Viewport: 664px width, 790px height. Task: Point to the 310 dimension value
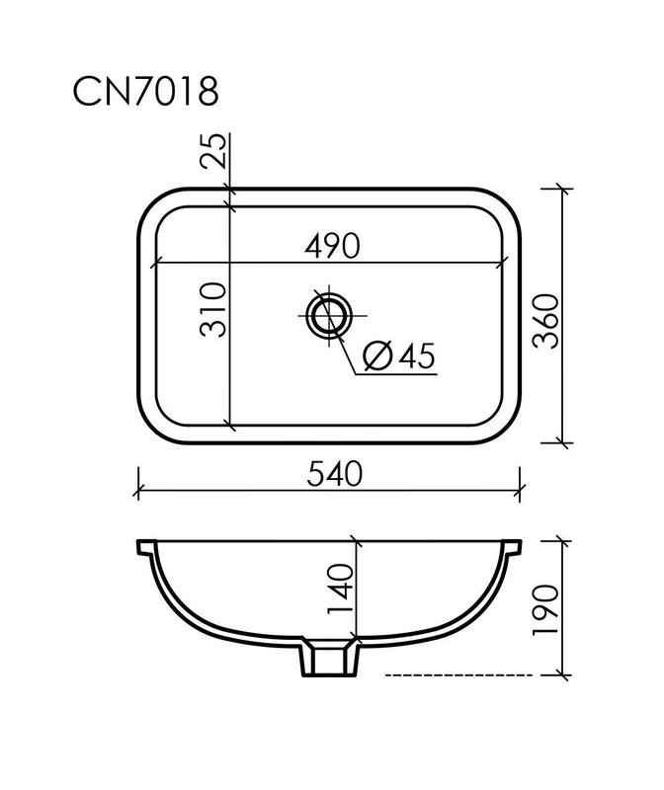214,310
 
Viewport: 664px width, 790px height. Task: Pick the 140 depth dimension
341,589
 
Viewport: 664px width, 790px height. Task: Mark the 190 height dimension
546,609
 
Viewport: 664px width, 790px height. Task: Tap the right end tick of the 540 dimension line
520,488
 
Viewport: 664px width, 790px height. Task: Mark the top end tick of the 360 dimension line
562,189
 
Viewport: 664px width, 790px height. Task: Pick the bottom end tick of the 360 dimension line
562,443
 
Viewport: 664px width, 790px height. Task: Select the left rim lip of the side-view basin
143,545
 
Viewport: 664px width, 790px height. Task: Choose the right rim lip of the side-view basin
512,545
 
